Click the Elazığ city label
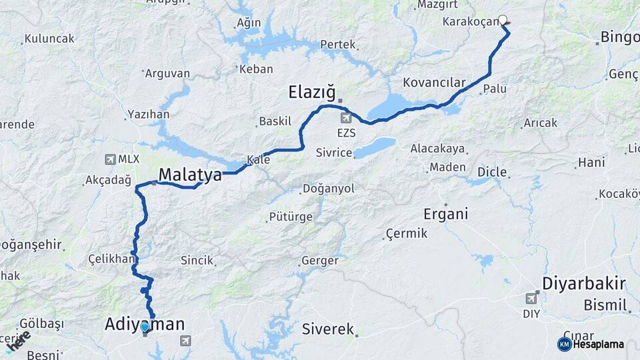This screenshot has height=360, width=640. tap(311, 91)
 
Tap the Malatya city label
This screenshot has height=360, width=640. tap(190, 175)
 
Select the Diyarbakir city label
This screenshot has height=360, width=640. tap(583, 283)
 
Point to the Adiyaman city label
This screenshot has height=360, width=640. tap(145, 324)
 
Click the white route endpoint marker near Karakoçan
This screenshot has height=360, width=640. tap(503, 20)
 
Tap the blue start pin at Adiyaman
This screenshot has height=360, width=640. tap(145, 327)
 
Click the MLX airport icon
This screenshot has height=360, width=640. tap(111, 159)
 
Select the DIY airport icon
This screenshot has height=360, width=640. tap(532, 298)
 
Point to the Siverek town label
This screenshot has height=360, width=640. tap(328, 329)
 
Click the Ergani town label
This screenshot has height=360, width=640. tap(446, 214)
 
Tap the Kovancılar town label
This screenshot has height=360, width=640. tap(434, 83)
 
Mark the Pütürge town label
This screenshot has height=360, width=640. tap(290, 217)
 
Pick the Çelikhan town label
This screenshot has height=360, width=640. tap(112, 259)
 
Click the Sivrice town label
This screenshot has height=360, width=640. tap(334, 153)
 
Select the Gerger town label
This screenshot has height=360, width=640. tap(320, 261)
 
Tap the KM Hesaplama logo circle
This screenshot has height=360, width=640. tap(564, 344)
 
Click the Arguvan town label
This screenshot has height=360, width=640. tap(167, 73)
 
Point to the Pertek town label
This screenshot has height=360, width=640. tap(338, 45)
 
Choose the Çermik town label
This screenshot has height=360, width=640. tap(406, 234)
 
